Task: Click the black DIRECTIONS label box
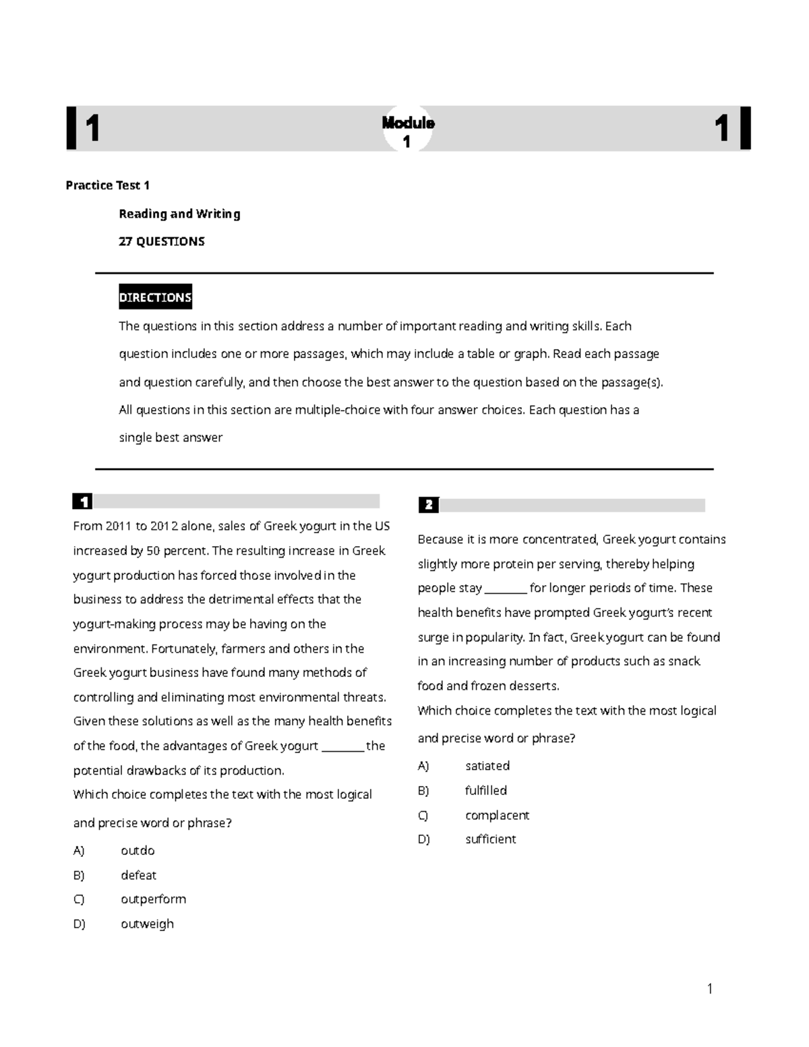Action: pos(155,297)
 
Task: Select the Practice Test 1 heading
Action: pos(107,185)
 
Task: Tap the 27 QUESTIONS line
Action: pos(162,241)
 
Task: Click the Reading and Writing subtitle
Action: pos(179,214)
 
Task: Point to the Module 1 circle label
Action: pos(408,131)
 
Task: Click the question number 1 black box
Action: pos(83,502)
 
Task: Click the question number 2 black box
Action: pos(428,505)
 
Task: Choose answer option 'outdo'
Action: pos(138,851)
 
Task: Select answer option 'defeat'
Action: pos(138,875)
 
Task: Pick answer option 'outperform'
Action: pos(153,899)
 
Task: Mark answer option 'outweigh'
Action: pos(147,924)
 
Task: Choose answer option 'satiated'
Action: pos(487,766)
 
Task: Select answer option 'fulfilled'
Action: pos(486,790)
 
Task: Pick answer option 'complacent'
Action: pos(497,815)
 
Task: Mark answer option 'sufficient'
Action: pos(491,839)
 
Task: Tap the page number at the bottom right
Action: pos(709,989)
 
